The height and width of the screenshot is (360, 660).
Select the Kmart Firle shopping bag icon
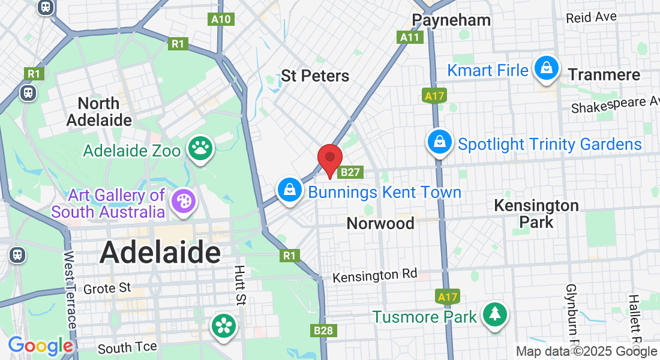tap(547, 68)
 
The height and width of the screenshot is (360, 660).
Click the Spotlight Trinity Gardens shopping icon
tap(440, 142)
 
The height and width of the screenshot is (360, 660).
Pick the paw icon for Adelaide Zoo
tap(200, 148)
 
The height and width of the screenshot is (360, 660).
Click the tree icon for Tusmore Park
tap(494, 314)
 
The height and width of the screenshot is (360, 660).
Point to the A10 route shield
tap(221, 19)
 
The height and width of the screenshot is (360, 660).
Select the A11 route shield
tap(410, 37)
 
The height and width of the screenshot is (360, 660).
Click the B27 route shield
tap(350, 173)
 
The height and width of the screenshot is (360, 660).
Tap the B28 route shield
tap(324, 330)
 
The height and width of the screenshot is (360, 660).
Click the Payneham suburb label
tap(451, 20)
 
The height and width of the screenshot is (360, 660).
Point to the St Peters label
tap(315, 76)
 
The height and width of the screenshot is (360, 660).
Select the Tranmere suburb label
tap(604, 74)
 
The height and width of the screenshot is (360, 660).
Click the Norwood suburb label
tap(380, 223)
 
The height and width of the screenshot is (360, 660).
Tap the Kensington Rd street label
tap(375, 276)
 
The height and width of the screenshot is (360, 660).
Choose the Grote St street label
tap(107, 289)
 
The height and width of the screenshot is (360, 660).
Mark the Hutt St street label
tap(240, 286)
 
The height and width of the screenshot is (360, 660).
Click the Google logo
tap(40, 346)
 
